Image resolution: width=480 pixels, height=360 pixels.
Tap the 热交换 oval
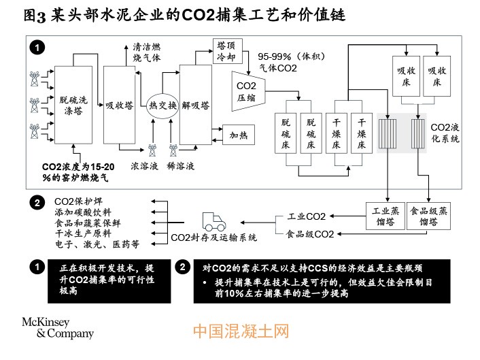[x=162, y=105]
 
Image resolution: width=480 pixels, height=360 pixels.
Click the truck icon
[x=214, y=222]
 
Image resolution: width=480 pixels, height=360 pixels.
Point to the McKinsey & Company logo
[x=58, y=328]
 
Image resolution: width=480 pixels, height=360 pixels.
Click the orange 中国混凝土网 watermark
[x=241, y=331]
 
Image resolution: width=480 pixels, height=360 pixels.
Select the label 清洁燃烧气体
[x=147, y=52]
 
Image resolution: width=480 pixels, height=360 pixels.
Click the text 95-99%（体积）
[x=292, y=56]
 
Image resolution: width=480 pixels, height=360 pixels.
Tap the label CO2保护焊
[x=78, y=201]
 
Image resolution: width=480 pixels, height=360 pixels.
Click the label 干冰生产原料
[x=83, y=233]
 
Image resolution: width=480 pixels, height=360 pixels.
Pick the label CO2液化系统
[x=445, y=133]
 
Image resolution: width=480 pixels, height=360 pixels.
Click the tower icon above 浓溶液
[x=152, y=150]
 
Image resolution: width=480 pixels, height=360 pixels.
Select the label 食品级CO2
[x=310, y=234]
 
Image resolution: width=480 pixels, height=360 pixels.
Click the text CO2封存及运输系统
[x=213, y=238]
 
